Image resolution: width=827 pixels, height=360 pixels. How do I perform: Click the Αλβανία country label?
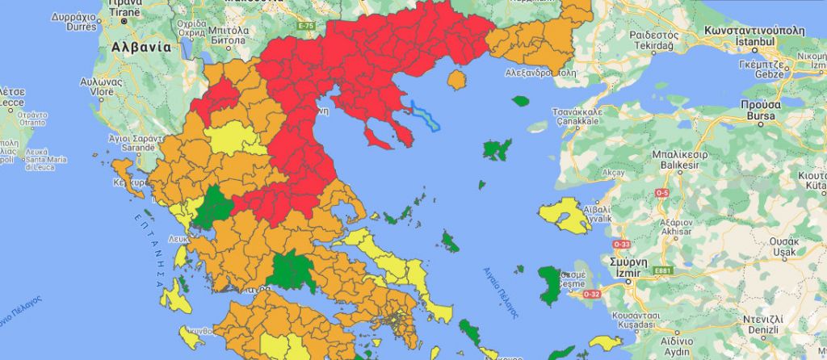pos(141,46)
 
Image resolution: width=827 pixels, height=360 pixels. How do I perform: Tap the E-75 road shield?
pos(305,27)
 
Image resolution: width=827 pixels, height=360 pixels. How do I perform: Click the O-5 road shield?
pos(662,193)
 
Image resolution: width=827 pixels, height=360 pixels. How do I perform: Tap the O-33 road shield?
pos(622,244)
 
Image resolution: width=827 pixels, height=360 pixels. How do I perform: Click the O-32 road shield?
pos(591,294)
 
